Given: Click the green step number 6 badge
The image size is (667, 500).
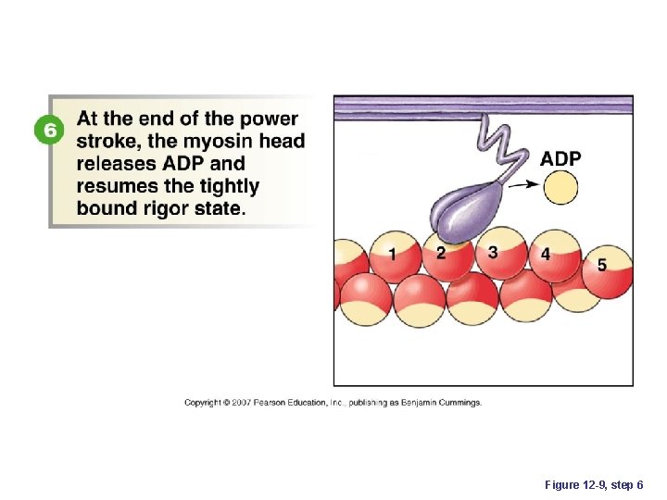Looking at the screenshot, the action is [x=46, y=131].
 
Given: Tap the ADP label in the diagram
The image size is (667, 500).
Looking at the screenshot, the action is [x=560, y=159].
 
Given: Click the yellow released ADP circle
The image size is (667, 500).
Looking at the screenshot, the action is [x=560, y=190].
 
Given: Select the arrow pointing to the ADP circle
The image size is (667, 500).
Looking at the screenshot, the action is [x=525, y=185].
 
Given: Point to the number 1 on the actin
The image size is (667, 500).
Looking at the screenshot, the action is [x=393, y=254].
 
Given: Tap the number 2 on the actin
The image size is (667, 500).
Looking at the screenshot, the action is [x=440, y=253].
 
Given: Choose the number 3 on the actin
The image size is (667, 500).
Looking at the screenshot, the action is [x=492, y=252].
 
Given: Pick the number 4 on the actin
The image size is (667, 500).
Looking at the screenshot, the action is [x=545, y=254].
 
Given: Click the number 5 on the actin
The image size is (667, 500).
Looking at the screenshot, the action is [x=601, y=265].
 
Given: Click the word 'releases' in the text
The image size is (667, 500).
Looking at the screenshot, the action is [x=120, y=164].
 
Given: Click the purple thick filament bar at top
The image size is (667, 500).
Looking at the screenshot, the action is [x=483, y=105].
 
